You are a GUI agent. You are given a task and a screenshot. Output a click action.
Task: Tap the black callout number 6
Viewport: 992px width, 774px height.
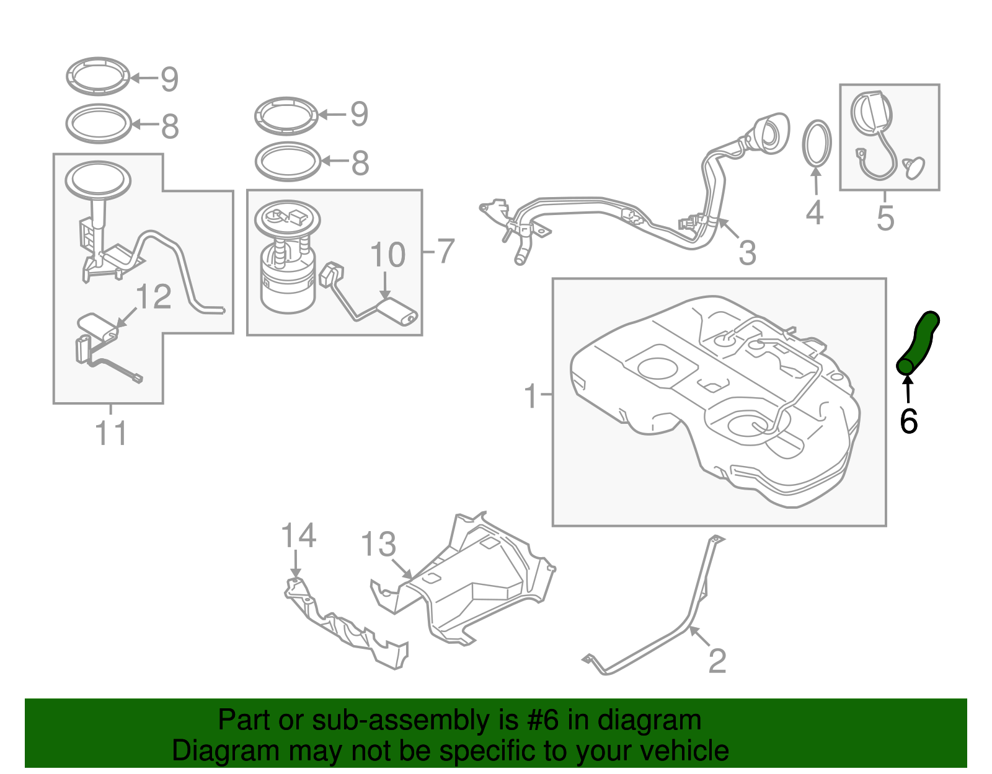tap(908, 422)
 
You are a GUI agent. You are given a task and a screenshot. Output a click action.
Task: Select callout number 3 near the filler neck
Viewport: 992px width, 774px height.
tap(747, 253)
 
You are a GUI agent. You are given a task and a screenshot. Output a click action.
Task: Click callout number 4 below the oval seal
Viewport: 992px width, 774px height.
tap(814, 213)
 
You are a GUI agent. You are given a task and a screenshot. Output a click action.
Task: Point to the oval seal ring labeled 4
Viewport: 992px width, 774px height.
tap(817, 143)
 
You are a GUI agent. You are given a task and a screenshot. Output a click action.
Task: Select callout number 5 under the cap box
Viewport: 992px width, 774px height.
tap(885, 218)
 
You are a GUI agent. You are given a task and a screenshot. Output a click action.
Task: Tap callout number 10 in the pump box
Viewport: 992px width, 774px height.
tap(387, 255)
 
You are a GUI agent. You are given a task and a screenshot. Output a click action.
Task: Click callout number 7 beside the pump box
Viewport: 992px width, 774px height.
tap(446, 251)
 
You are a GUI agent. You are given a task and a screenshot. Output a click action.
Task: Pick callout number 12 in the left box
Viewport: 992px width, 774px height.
tap(153, 297)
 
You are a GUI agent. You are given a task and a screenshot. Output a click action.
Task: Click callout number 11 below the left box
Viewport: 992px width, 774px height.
tap(111, 433)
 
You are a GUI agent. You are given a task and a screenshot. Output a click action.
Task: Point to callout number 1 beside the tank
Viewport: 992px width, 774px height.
tap(531, 395)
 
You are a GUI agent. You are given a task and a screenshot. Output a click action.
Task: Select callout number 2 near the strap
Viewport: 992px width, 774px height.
tap(717, 661)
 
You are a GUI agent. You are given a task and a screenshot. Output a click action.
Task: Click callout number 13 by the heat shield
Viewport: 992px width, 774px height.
tap(378, 544)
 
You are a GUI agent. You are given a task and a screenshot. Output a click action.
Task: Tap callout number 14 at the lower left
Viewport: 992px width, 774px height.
tap(298, 535)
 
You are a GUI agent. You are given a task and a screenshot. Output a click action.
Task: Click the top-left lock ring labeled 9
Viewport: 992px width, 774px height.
tap(98, 76)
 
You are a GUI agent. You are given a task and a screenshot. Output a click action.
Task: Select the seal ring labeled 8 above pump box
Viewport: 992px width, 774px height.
tap(287, 161)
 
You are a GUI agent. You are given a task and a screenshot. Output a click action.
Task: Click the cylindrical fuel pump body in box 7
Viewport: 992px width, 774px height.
tap(287, 285)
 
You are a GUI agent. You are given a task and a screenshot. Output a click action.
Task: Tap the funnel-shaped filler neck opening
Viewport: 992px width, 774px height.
tap(772, 131)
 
